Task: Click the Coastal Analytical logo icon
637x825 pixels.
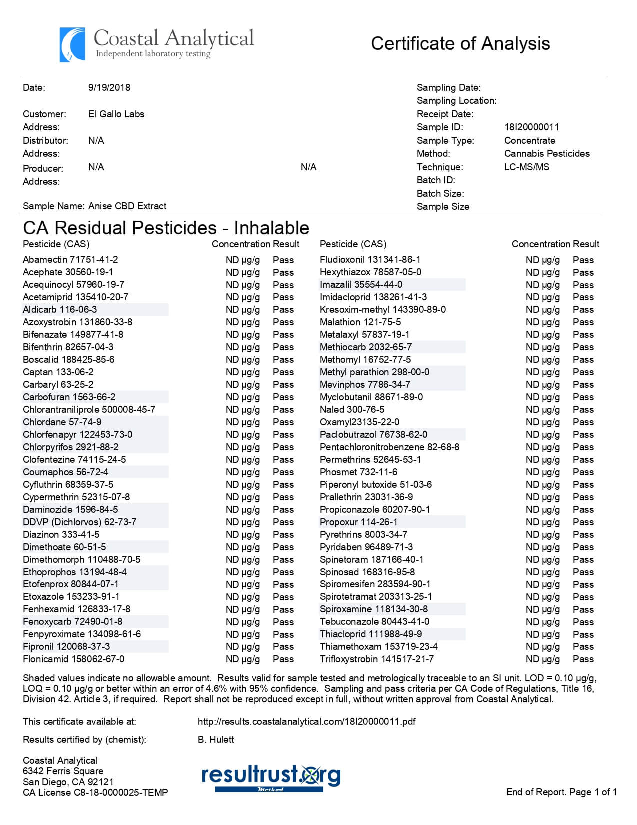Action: pyautogui.click(x=72, y=45)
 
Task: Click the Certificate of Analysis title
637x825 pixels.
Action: pyautogui.click(x=460, y=44)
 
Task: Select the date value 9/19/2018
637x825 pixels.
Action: pyautogui.click(x=109, y=87)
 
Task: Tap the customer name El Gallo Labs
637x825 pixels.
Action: pyautogui.click(x=116, y=114)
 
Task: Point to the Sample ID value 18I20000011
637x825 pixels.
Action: pyautogui.click(x=531, y=127)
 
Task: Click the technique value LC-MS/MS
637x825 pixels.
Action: pyautogui.click(x=526, y=167)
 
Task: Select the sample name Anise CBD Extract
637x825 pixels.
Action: pyautogui.click(x=127, y=206)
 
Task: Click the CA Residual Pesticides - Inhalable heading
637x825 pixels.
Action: pyautogui.click(x=166, y=228)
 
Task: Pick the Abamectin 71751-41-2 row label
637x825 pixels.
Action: pyautogui.click(x=70, y=259)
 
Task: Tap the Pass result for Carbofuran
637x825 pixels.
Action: pyautogui.click(x=283, y=397)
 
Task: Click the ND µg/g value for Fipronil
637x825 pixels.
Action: pyautogui.click(x=243, y=647)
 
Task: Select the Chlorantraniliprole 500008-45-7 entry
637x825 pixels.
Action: pyautogui.click(x=89, y=409)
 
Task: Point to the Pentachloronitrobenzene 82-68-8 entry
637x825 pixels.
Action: pyautogui.click(x=389, y=447)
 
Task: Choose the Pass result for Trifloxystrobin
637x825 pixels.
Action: pyautogui.click(x=583, y=659)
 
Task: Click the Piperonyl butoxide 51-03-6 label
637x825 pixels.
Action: pyautogui.click(x=376, y=484)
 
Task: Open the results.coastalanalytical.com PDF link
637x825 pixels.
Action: pyautogui.click(x=306, y=721)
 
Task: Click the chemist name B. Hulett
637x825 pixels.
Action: pyautogui.click(x=216, y=739)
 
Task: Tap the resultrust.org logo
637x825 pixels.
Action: pyautogui.click(x=271, y=777)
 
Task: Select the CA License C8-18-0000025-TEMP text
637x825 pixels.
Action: pyautogui.click(x=95, y=792)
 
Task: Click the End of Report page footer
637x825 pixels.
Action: pyautogui.click(x=561, y=792)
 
